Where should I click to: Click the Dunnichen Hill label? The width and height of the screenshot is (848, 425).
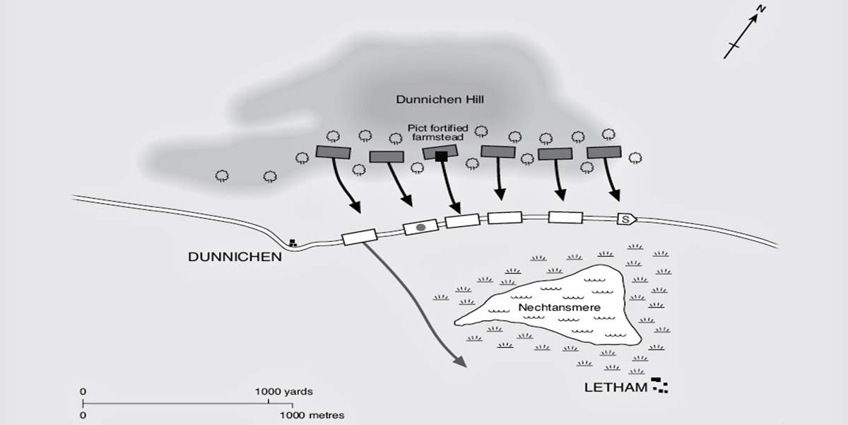pos(439,100)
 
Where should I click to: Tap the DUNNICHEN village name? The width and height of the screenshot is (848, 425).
pos(235,257)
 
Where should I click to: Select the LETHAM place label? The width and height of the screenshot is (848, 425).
pos(615,388)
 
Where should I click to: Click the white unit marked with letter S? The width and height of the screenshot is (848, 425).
pos(627,219)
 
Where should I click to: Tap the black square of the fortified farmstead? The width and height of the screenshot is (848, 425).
pos(442,156)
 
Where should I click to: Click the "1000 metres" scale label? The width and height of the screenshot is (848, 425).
pos(312,415)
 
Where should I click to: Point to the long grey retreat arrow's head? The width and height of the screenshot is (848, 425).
pos(460,362)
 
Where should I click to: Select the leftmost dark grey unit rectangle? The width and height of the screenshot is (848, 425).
pos(332,152)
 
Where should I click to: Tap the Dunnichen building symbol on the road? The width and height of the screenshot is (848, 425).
pos(292,243)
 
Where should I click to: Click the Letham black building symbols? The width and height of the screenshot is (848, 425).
pos(661,385)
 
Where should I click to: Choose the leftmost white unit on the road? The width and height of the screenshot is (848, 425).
pos(359,237)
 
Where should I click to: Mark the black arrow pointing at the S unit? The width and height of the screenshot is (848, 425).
pos(613,180)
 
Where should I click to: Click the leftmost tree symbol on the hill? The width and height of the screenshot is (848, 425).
pos(222,175)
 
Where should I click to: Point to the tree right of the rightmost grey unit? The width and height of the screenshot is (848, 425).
pos(635,157)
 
